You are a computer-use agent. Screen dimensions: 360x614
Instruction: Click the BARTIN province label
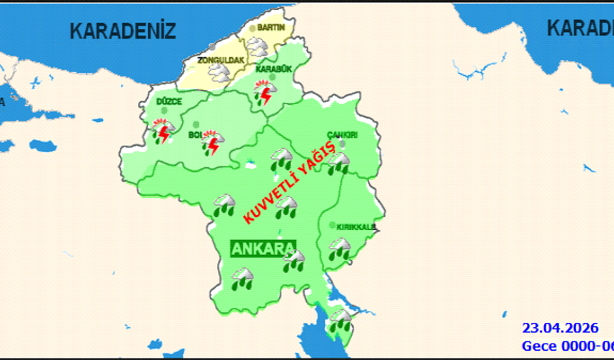tap(271, 27)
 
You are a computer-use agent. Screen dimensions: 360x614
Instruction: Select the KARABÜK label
tap(271, 69)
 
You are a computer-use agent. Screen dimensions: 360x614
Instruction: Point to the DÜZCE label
tap(169, 102)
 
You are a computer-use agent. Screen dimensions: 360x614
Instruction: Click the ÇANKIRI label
tap(342, 135)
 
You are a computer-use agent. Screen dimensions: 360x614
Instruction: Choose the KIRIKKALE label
tap(356, 227)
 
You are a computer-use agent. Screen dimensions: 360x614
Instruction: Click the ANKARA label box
tap(262, 249)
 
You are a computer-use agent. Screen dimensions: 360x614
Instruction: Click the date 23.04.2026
tap(560, 329)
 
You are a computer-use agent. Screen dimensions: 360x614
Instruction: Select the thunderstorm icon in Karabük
tap(264, 91)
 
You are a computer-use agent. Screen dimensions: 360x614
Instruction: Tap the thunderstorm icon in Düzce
tap(163, 132)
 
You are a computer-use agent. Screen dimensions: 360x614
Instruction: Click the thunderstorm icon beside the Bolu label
tap(212, 144)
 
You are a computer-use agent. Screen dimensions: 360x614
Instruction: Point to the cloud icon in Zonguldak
tap(218, 72)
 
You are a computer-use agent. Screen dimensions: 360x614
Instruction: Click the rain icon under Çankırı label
tap(338, 164)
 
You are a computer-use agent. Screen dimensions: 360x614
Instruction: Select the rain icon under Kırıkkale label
tap(338, 249)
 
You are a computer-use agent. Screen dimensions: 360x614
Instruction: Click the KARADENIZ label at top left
tap(123, 31)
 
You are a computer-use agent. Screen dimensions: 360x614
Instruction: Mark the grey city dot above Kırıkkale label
tap(332, 225)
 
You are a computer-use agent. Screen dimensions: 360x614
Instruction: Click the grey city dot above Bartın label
tap(252, 29)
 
